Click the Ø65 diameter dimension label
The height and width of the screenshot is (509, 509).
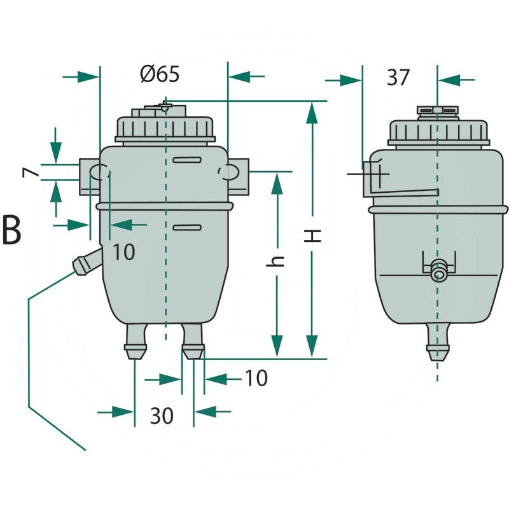click(160, 74)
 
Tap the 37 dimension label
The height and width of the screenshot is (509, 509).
click(398, 78)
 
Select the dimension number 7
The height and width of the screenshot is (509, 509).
click(30, 172)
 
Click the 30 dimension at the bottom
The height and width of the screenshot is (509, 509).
click(162, 415)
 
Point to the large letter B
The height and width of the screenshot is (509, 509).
click(11, 230)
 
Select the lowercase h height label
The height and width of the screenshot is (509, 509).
click(275, 261)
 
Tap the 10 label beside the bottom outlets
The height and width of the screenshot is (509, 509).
click(256, 378)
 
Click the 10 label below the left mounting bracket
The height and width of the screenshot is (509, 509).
click(123, 252)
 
